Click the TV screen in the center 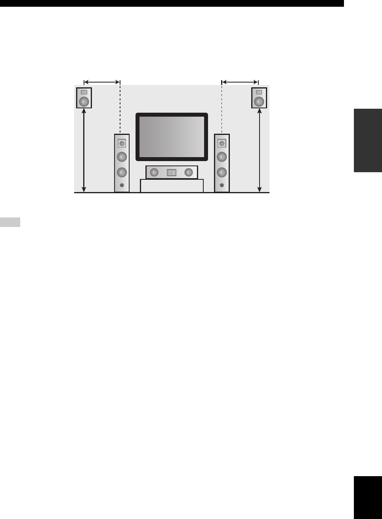[x=172, y=137]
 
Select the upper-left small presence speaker [x=84, y=98]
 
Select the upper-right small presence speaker [x=259, y=98]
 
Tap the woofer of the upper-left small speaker [x=84, y=102]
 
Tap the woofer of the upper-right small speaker [x=259, y=102]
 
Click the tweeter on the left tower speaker [x=122, y=144]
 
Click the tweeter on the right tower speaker [x=222, y=144]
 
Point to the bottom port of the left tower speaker [x=122, y=185]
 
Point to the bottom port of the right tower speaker [x=222, y=185]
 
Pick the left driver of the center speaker [x=154, y=172]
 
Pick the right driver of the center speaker [x=189, y=172]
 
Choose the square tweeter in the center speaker [x=171, y=173]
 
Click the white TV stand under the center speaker [x=172, y=186]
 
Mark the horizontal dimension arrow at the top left [x=102, y=82]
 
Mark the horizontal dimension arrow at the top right [x=240, y=82]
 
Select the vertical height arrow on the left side [x=84, y=151]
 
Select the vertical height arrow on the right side [x=260, y=151]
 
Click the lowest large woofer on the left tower [x=122, y=172]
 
